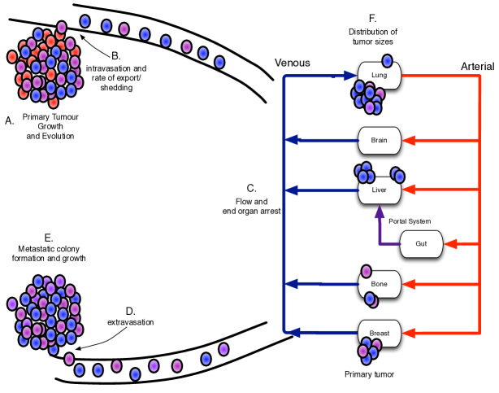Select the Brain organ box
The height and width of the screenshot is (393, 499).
click(380, 140)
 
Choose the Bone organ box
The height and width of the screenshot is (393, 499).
click(380, 284)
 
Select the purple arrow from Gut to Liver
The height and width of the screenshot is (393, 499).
click(380, 228)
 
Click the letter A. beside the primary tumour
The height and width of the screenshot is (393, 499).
click(10, 120)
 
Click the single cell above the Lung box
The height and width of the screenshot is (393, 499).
click(388, 61)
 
